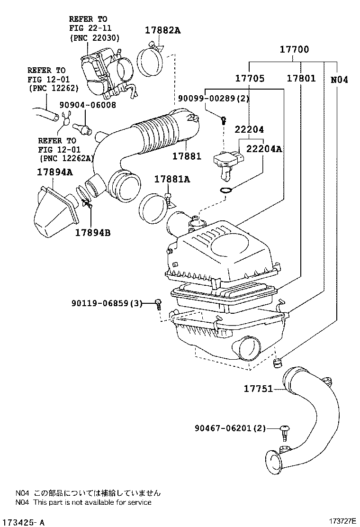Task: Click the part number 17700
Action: pyautogui.click(x=294, y=49)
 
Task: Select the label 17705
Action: pyautogui.click(x=250, y=78)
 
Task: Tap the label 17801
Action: pyautogui.click(x=301, y=78)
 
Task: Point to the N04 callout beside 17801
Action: pyautogui.click(x=339, y=80)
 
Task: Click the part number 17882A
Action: pyautogui.click(x=162, y=30)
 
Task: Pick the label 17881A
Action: pyautogui.click(x=172, y=179)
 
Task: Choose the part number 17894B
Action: pyautogui.click(x=93, y=232)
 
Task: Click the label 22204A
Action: pyautogui.click(x=264, y=148)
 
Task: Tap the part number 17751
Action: pyautogui.click(x=258, y=389)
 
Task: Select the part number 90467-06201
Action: pyautogui.click(x=223, y=428)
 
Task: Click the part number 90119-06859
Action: pyautogui.click(x=100, y=303)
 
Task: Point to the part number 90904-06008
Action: pyautogui.click(x=88, y=105)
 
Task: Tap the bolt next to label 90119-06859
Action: pyautogui.click(x=158, y=303)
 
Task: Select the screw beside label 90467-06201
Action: pyautogui.click(x=285, y=432)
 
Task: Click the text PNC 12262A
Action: pyautogui.click(x=66, y=158)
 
